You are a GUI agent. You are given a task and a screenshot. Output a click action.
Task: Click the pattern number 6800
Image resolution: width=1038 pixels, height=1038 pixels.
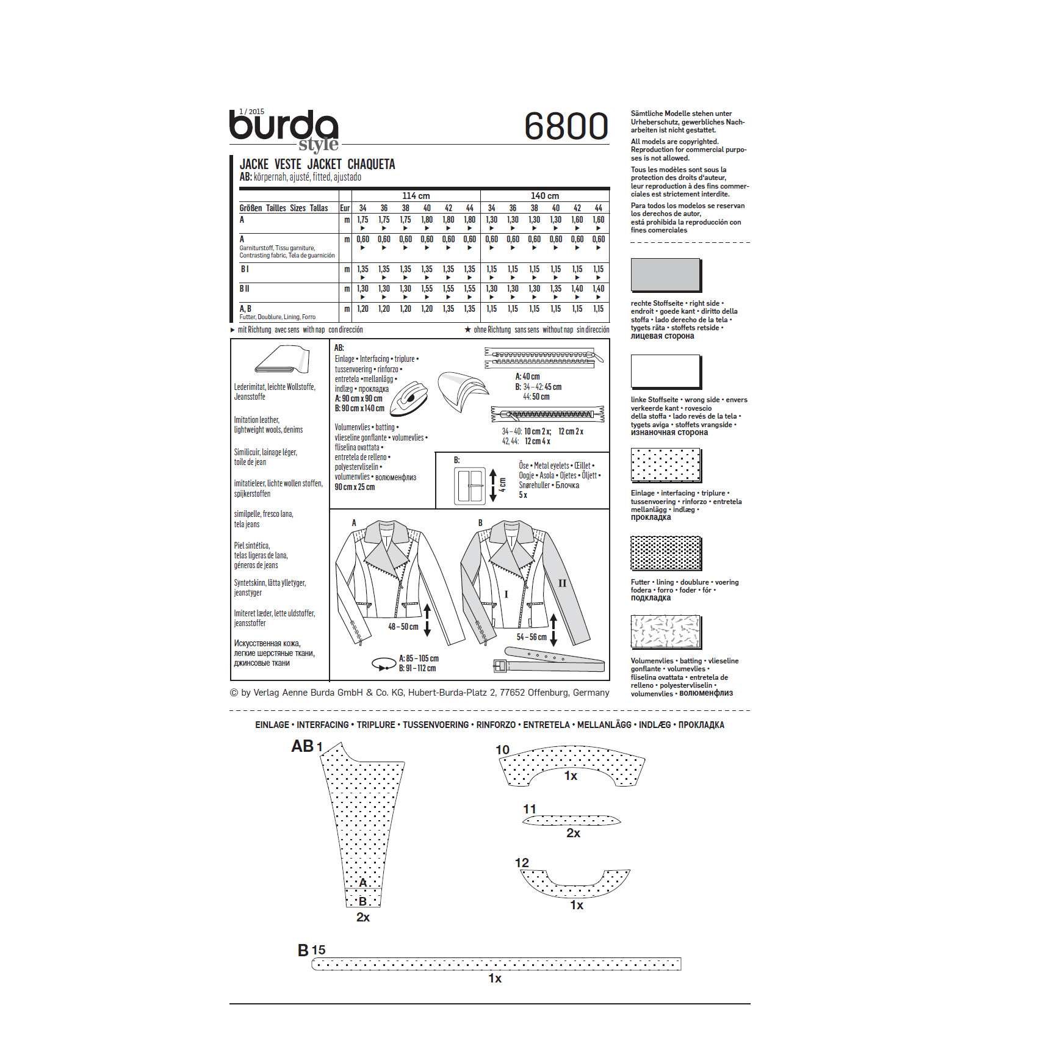566,126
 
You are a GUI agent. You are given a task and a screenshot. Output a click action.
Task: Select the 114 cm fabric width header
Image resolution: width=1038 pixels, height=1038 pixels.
416,196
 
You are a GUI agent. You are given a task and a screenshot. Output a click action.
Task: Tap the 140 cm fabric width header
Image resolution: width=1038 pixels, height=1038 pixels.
545,196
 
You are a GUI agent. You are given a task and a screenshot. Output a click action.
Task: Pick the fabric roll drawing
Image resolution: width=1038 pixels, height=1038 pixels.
283,359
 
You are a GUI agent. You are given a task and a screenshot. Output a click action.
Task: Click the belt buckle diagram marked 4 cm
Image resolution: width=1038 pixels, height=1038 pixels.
469,486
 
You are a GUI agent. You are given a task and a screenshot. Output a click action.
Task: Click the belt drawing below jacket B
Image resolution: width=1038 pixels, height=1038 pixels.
549,660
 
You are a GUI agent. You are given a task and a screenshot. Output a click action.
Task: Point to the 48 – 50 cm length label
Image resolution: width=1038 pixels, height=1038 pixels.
403,627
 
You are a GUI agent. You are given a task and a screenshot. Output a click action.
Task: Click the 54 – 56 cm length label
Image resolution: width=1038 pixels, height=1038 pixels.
532,637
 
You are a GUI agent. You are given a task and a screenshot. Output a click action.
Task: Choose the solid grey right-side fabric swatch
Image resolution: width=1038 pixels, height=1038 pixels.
665,274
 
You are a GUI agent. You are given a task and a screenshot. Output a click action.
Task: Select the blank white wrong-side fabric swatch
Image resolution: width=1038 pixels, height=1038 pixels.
665,371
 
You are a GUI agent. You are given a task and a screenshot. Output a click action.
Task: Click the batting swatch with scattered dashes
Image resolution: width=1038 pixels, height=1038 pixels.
665,631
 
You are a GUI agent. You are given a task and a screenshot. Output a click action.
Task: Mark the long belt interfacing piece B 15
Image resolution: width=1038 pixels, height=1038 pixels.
496,964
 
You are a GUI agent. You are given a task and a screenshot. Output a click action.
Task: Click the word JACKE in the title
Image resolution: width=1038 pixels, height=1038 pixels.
254,164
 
